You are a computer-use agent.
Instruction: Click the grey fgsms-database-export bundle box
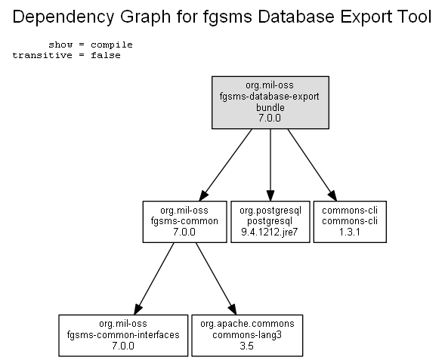coord(270,103)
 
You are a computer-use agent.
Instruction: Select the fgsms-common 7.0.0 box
coord(185,222)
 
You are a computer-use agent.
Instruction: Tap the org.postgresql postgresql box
coord(270,222)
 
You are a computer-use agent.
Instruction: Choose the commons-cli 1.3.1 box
coord(350,222)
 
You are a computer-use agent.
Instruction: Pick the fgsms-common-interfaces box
coord(123,335)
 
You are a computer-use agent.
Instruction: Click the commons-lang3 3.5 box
coord(247,335)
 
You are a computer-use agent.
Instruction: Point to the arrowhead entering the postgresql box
coord(270,196)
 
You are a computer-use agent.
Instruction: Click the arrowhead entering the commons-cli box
coord(333,196)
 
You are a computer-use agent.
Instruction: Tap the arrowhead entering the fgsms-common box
coord(203,196)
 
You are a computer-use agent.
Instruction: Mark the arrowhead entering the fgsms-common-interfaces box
coord(138,309)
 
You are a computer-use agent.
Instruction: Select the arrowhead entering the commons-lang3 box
coord(233,309)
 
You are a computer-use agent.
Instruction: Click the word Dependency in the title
coord(63,17)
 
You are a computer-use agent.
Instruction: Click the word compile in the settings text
coord(112,45)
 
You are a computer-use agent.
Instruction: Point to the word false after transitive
coord(106,55)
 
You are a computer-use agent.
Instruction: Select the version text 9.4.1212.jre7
coord(270,232)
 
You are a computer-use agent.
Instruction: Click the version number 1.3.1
coord(350,232)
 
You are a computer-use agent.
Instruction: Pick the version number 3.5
coord(246,346)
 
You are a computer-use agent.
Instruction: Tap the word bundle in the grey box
coord(270,107)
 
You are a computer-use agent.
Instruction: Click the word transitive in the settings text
coord(42,55)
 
